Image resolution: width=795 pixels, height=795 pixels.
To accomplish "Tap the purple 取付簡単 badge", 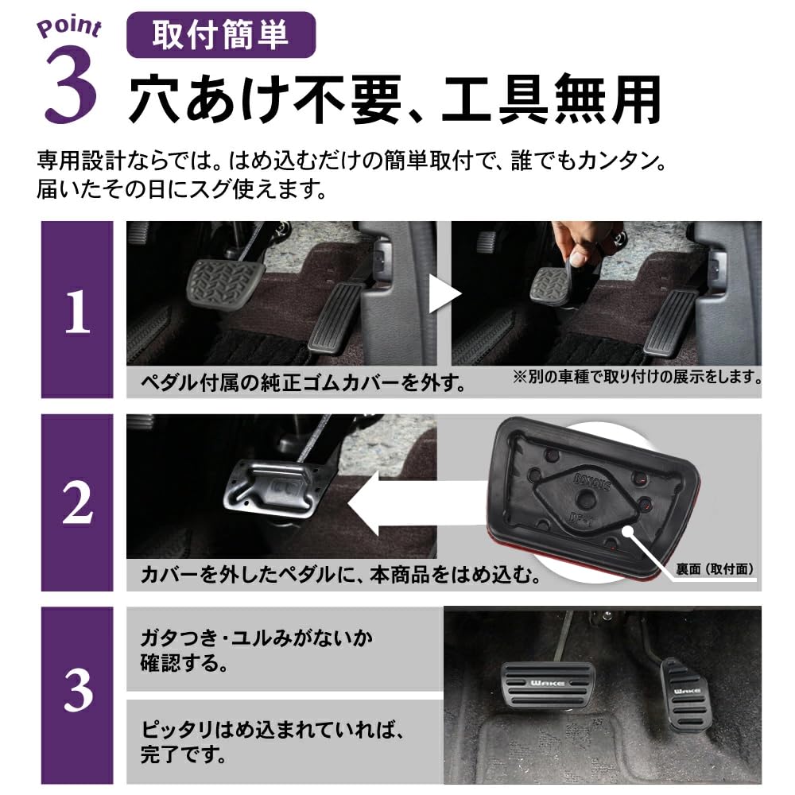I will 221,35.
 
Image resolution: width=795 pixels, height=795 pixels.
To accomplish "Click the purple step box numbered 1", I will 77,309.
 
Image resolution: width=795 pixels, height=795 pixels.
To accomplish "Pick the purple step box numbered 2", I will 77,502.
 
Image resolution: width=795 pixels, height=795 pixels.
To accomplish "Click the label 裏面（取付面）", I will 714,569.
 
